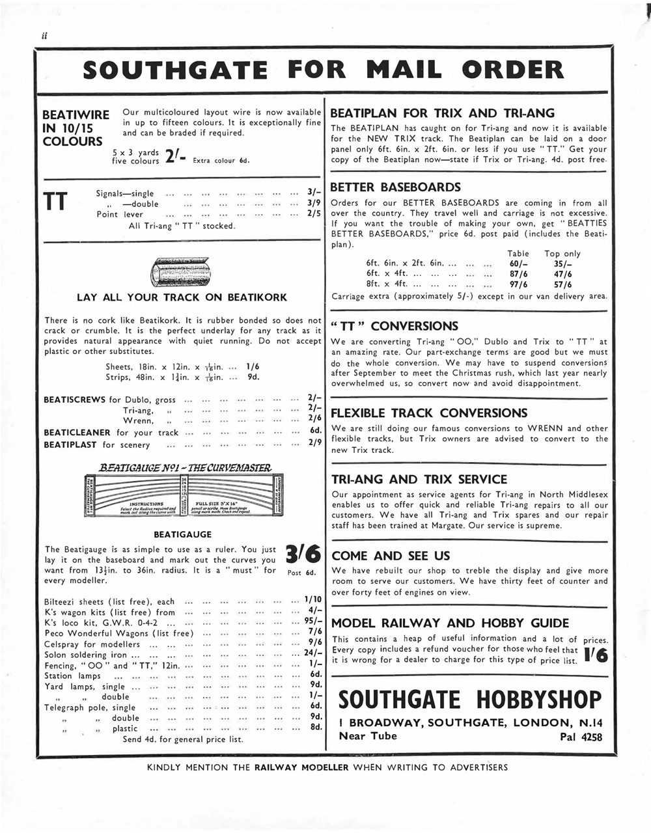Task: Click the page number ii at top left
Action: [x=45, y=36]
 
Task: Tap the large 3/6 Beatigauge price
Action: [x=303, y=554]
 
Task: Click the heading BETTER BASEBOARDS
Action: [x=395, y=187]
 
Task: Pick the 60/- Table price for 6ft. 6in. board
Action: [x=518, y=264]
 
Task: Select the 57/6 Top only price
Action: [x=562, y=284]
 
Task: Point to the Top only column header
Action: [x=562, y=254]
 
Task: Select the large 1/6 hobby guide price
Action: [x=596, y=655]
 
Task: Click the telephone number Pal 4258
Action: [x=581, y=737]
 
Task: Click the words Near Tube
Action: [x=367, y=736]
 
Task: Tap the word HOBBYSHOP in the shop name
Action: [x=539, y=700]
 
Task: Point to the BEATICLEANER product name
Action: [x=77, y=432]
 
